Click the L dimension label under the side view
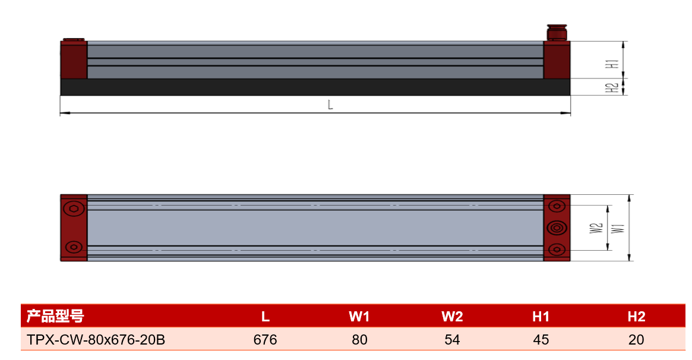pos(330,105)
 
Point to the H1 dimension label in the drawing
pos(612,64)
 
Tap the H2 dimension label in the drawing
pos(612,87)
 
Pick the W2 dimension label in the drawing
pos(596,228)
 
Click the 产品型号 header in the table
pos(55,316)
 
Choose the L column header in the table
pos(266,316)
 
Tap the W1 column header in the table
pos(359,316)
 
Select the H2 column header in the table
pos(636,316)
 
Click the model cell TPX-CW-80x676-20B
pos(96,340)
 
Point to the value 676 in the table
pos(266,340)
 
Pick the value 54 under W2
pos(453,340)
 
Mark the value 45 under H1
pos(541,340)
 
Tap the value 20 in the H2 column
pos(636,340)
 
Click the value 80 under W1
pos(360,340)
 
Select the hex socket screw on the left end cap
pos(73,209)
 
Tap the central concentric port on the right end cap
pos(557,228)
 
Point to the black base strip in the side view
pos(315,87)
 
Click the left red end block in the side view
pos(74,60)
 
